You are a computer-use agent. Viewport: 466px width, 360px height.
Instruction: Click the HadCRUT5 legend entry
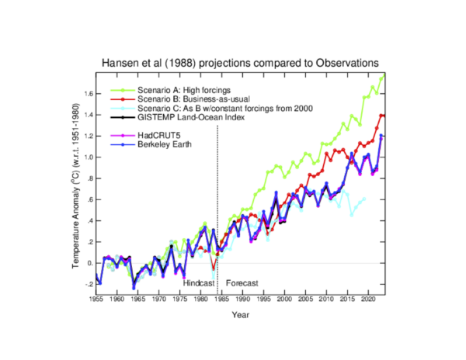point(158,135)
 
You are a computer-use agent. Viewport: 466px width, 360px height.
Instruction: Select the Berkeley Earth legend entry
point(164,144)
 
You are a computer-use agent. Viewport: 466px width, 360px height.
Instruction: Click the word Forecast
point(242,282)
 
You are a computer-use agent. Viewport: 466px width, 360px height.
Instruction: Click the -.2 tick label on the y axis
point(88,284)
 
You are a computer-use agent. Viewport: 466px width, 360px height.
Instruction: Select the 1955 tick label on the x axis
point(96,299)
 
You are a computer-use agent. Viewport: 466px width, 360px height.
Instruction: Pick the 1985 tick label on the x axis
point(221,299)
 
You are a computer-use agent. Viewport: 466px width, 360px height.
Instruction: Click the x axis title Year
point(241,315)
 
